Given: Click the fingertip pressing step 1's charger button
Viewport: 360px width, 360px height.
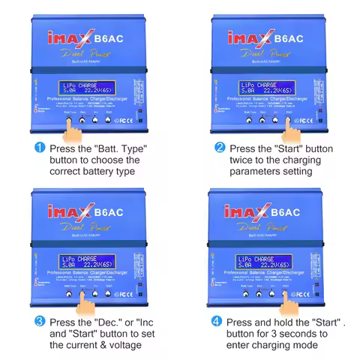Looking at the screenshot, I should (71, 123).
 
